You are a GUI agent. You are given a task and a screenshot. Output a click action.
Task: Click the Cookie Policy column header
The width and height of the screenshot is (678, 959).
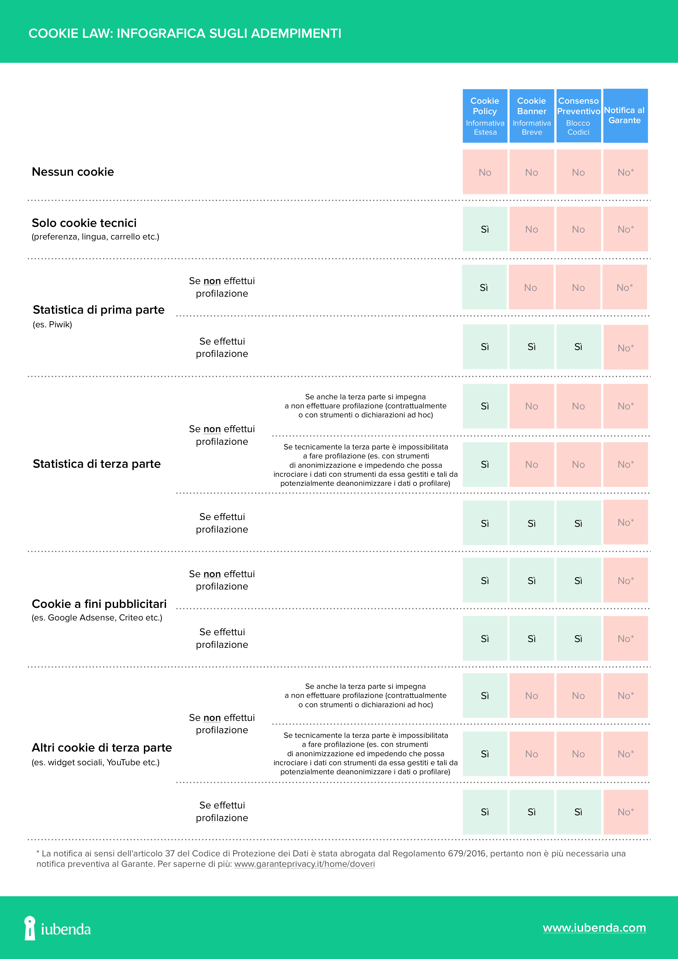coord(485,116)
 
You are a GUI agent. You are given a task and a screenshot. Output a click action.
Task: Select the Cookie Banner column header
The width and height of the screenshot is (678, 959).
coord(531,116)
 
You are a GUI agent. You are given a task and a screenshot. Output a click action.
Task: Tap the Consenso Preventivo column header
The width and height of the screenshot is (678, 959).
coord(578,116)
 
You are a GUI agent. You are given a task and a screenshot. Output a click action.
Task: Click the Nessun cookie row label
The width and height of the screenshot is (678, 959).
coord(73,172)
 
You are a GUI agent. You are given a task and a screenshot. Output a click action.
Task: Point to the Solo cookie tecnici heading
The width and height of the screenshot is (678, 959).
coord(84,223)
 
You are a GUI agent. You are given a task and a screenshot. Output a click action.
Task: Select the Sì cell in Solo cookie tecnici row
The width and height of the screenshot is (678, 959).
coord(485,229)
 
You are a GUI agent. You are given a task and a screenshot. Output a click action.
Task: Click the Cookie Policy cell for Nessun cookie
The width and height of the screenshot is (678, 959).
coord(485,172)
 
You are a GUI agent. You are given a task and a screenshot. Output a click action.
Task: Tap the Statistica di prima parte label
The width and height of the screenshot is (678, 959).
coord(98,310)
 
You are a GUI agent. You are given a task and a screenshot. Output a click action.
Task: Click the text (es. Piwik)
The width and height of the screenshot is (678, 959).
coord(52,325)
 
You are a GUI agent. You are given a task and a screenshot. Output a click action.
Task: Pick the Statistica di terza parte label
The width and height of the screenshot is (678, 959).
coord(97,464)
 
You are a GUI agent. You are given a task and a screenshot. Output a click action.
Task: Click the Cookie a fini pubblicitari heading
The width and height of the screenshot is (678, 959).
coord(99,604)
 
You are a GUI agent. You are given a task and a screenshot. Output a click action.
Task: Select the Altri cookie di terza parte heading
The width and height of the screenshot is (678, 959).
coord(102,748)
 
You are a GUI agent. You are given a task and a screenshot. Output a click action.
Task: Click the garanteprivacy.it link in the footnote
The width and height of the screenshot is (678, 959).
coord(304,864)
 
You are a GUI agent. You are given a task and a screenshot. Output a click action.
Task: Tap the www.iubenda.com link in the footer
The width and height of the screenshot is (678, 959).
coord(594,928)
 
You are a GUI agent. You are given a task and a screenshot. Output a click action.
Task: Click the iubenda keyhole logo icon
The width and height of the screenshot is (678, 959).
coord(30,928)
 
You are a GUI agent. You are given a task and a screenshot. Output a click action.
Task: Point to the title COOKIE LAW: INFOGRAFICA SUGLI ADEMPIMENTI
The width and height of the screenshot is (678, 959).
coord(185,33)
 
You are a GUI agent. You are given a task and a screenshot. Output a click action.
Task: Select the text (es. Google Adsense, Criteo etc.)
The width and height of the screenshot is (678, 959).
coord(97,618)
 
